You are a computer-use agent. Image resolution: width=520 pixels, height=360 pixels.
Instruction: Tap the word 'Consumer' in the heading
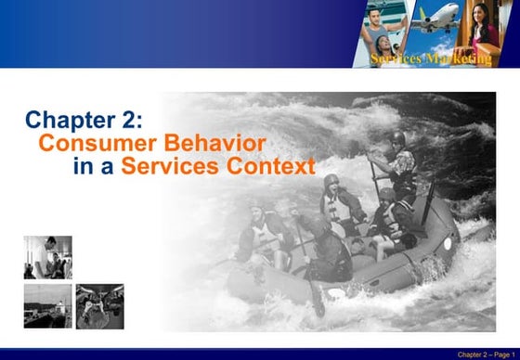pyautogui.click(x=86, y=144)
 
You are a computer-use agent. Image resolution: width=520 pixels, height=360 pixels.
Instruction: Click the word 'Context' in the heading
pyautogui.click(x=273, y=168)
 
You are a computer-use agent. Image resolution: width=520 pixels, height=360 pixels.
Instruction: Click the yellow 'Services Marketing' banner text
pyautogui.click(x=431, y=59)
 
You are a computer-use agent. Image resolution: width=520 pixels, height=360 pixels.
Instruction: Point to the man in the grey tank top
pyautogui.click(x=381, y=32)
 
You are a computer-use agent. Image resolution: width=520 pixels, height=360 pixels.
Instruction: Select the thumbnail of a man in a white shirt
pyautogui.click(x=48, y=257)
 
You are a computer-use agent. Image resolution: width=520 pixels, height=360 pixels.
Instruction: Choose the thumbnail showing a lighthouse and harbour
pyautogui.click(x=48, y=306)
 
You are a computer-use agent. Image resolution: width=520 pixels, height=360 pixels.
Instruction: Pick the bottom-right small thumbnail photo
pyautogui.click(x=99, y=306)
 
